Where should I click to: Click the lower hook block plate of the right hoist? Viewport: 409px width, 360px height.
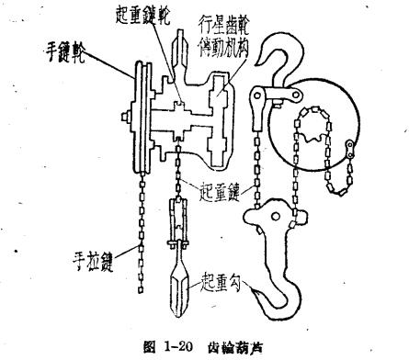coord(267,230)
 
